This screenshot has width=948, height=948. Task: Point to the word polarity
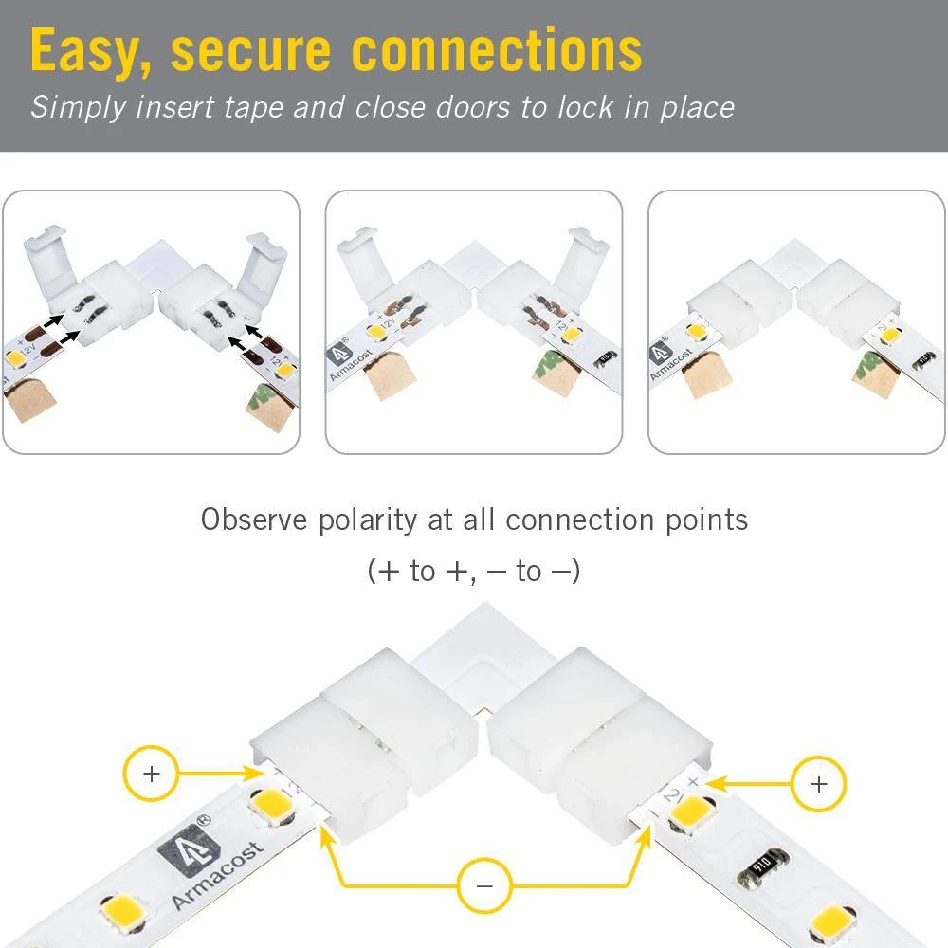(x=366, y=520)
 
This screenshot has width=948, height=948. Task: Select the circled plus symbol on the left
(x=151, y=774)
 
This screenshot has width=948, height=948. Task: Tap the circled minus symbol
(x=484, y=886)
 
